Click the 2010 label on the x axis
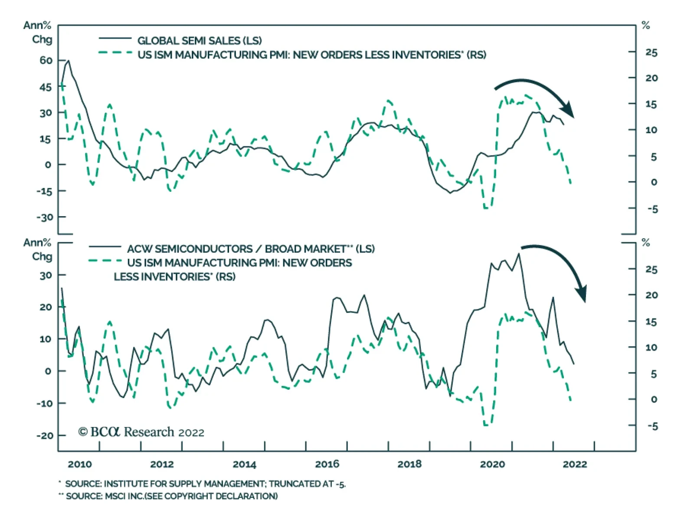80,464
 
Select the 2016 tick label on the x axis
327,464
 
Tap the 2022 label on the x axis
575,464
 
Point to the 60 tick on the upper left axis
46,60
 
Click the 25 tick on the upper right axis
651,53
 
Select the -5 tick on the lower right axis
652,426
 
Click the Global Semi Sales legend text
200,41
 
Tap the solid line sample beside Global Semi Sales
115,39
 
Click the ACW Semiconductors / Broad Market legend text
251,249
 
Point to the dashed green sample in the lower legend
105,261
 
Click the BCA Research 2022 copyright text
141,432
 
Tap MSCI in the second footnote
116,496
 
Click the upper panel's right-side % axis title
645,26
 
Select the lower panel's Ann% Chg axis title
37,250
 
